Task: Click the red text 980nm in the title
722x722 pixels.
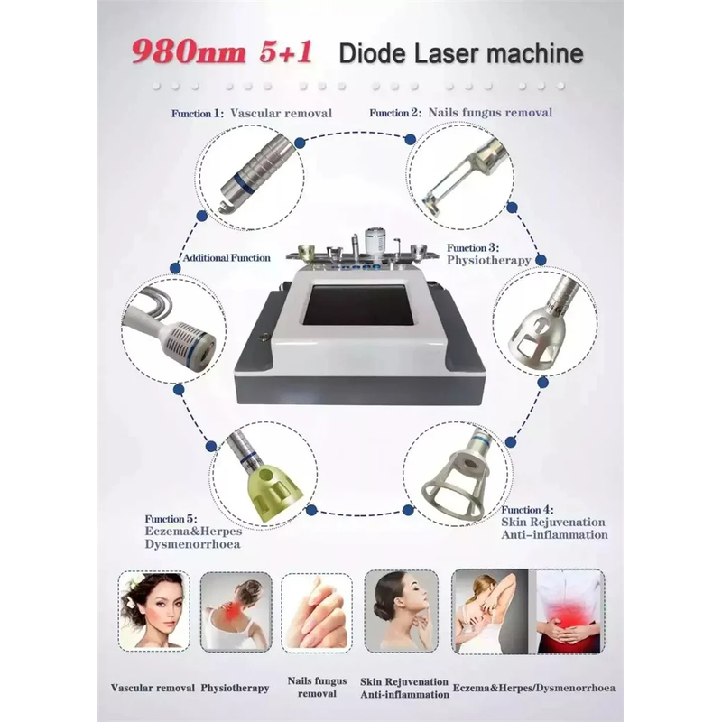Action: [188, 52]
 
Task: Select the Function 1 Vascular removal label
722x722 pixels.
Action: [252, 114]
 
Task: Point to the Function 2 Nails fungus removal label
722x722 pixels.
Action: [460, 113]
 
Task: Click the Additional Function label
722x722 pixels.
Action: [227, 258]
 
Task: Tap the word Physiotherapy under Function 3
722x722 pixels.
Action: [488, 260]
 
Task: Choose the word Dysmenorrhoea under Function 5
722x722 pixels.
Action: [192, 544]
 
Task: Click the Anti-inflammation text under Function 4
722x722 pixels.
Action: [554, 535]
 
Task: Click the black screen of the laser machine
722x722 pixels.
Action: [358, 305]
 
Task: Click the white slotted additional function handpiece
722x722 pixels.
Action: [171, 328]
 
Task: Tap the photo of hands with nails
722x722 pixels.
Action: [317, 613]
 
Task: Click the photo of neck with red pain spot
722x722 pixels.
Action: [236, 612]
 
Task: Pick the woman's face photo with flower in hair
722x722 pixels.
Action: [153, 611]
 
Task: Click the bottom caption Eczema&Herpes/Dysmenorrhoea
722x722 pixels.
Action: [534, 688]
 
